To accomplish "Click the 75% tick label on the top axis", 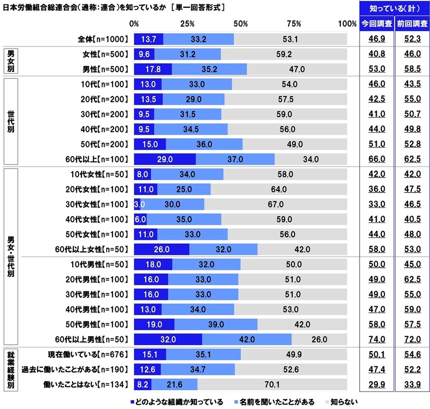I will point(295,23).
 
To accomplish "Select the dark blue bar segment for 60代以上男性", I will point(168,339).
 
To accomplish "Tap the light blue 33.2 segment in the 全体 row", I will point(199,39).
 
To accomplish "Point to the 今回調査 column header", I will point(376,23).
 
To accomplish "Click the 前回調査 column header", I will point(412,23).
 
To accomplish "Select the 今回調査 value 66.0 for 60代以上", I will point(376,159).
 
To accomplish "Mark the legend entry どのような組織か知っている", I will point(177,402).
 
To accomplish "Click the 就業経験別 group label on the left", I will point(10,369).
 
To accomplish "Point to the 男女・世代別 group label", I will point(10,257).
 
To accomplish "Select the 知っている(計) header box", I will point(394,8).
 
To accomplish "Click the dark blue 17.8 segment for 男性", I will point(153,69).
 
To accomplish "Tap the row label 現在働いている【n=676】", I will point(87,354).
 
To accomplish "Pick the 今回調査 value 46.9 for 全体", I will point(376,39).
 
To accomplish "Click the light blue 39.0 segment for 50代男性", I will point(215,324).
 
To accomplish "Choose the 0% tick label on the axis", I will point(134,23).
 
